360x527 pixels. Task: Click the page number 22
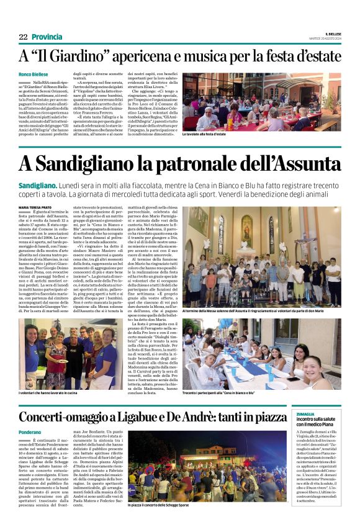coord(23,37)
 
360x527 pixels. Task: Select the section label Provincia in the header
coord(47,37)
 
